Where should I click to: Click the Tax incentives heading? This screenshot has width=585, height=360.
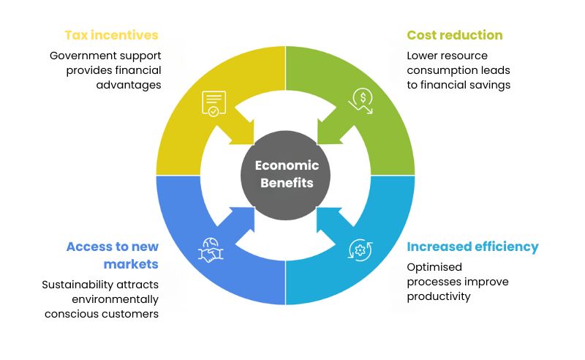coord(112,35)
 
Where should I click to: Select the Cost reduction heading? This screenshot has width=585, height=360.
coord(455,35)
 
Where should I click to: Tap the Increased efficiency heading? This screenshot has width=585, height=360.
coord(472,247)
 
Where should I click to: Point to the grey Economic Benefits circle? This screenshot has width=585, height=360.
coord(285,175)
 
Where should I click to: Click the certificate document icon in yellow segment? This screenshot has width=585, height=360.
coord(214,103)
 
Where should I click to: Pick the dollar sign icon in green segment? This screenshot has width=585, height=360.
coord(361,100)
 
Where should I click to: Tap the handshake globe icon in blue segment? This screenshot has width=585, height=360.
coord(211,250)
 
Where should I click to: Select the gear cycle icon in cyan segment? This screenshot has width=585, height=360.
coord(360,250)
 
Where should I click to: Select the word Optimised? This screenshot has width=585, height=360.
coord(434,267)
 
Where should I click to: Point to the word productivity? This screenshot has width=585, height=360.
coord(438,297)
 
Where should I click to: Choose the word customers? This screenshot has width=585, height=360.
coord(132,314)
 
